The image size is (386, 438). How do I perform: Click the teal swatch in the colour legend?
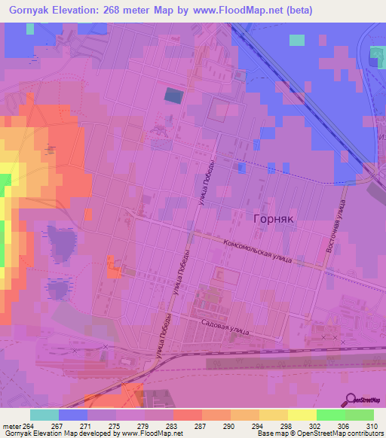point(44,415)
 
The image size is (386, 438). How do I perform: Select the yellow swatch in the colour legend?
point(302,415)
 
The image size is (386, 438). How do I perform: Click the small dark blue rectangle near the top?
point(173,96)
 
